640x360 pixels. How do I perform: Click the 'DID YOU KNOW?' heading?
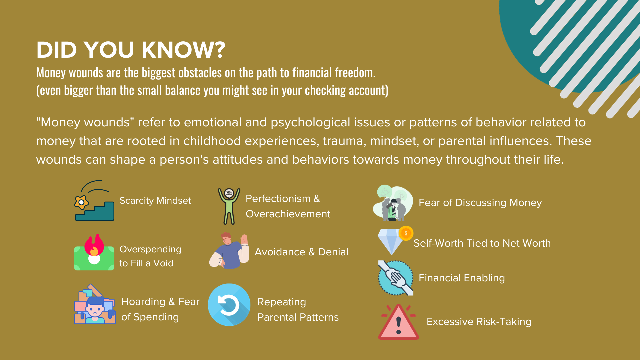tap(131, 50)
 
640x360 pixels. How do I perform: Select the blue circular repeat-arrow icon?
tap(229, 305)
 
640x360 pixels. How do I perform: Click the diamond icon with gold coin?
tap(395, 240)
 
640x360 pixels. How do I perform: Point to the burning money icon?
tap(94, 252)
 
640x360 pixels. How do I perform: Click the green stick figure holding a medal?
tap(229, 206)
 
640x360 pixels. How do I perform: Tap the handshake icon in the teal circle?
tap(396, 278)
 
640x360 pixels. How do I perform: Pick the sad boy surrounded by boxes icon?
tap(95, 304)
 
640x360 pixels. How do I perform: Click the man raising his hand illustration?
tap(229, 251)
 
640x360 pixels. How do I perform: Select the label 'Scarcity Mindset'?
tap(155, 201)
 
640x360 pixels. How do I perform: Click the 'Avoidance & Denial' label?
tap(301, 252)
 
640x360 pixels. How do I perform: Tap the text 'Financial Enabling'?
tap(462, 278)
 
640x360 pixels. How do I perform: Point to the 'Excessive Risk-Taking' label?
tap(479, 322)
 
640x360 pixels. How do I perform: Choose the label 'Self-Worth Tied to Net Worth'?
tap(482, 243)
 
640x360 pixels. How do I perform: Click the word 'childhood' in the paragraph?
tap(212, 141)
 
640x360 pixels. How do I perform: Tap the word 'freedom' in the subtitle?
tap(355, 73)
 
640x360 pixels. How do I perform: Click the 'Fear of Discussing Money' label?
tap(480, 203)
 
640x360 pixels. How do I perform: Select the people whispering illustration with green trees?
tap(393, 203)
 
